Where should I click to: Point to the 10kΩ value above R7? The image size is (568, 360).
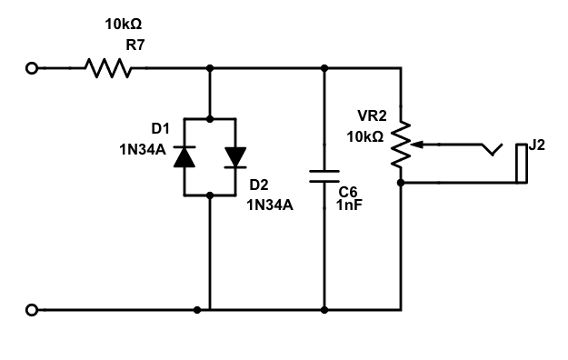coord(124,25)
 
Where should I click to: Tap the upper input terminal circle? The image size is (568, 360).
coord(33,67)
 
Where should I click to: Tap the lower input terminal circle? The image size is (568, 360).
coord(33,310)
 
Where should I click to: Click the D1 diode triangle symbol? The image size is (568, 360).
coord(184,156)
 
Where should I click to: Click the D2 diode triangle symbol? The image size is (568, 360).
coord(235,156)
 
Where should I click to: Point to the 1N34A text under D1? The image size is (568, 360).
coord(143,151)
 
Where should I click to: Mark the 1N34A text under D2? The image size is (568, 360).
coord(271,205)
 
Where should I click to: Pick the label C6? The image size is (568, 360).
coord(348,192)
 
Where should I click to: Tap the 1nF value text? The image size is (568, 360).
coord(350,206)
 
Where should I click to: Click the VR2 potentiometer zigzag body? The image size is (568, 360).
coord(400,145)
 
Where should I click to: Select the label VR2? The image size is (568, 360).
coord(373,117)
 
